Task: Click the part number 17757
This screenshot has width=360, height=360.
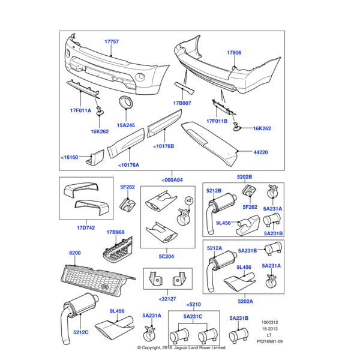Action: (x=112, y=42)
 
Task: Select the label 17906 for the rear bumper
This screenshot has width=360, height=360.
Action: (x=233, y=53)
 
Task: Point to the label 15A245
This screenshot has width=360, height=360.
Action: (x=126, y=125)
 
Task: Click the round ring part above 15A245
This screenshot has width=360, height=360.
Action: (x=127, y=102)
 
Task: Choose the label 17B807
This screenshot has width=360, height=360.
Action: (x=182, y=103)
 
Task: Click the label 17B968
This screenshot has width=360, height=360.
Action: (x=115, y=232)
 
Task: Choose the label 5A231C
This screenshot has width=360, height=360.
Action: (x=193, y=317)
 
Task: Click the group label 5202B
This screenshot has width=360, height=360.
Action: (x=244, y=176)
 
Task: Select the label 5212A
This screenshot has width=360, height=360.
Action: (x=214, y=247)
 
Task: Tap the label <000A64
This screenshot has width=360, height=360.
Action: (x=172, y=179)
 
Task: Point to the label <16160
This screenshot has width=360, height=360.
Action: (x=70, y=157)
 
